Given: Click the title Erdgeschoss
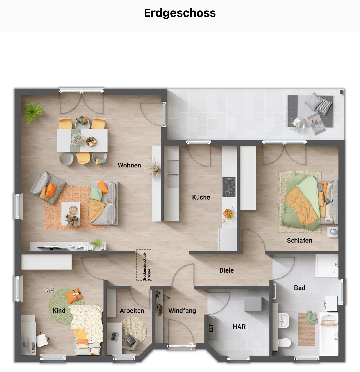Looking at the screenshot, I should pos(180,13).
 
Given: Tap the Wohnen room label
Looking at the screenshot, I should pos(129,165).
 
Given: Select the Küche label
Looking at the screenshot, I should pos(201,197).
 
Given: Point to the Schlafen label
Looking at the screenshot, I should pos(299,240).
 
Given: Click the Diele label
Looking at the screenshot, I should pos(226,270).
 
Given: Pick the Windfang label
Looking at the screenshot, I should pos(182,311).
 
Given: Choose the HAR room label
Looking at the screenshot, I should pos(239,327).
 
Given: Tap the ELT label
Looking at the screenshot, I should pos(211,328).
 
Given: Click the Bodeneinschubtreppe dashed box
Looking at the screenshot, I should pos(144,265).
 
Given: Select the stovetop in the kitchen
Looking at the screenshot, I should pos(229,187).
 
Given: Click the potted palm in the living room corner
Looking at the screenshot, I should pos(33,112).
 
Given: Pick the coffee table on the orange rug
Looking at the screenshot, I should pos(71,213).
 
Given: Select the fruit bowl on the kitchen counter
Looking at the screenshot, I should pos(228,213).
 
